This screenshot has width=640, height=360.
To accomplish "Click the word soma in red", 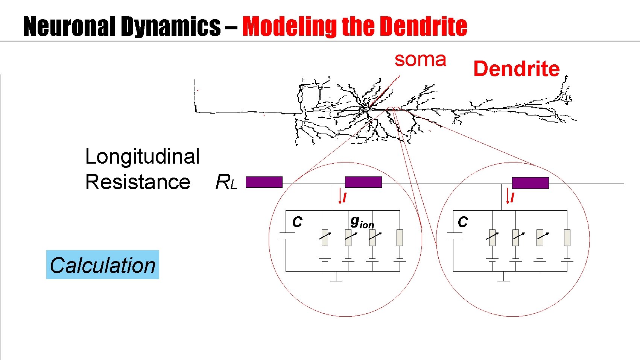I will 420,60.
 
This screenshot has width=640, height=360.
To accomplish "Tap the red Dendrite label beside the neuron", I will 516,69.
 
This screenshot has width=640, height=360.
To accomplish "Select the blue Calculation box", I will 102,265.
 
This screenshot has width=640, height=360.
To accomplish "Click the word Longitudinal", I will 142,156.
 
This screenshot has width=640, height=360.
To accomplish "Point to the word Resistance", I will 138,182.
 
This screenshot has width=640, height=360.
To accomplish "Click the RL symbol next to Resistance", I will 226,182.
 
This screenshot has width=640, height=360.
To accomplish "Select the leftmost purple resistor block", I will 264,182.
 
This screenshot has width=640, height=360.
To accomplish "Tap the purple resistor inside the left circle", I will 363,182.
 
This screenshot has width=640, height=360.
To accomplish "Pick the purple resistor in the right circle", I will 530,183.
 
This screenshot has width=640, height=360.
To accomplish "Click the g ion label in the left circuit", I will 362,222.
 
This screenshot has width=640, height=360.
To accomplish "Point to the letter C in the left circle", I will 297,222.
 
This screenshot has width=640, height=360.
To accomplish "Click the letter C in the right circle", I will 462,222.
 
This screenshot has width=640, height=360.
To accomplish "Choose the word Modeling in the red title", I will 290,27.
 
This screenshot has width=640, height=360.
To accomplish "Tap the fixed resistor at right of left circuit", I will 400,238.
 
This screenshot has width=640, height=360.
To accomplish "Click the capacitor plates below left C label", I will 287,236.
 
